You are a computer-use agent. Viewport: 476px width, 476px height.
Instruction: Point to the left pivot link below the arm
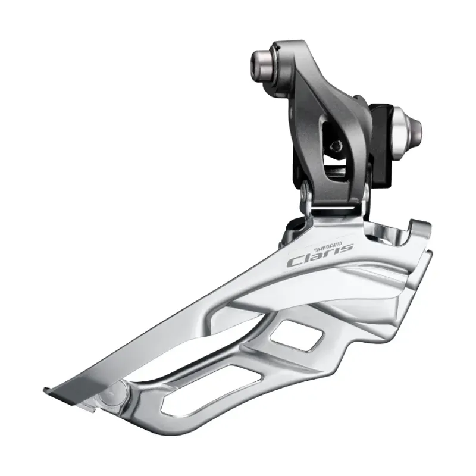(307, 196)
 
